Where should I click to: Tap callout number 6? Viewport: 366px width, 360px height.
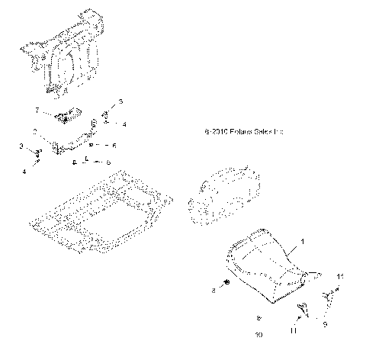(x=114, y=145)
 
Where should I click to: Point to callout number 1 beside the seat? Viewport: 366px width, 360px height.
(x=303, y=241)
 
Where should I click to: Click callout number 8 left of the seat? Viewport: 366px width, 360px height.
(x=214, y=291)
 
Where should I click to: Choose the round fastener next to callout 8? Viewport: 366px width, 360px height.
(x=226, y=290)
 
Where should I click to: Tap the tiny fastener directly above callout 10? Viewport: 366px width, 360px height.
(x=258, y=317)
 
